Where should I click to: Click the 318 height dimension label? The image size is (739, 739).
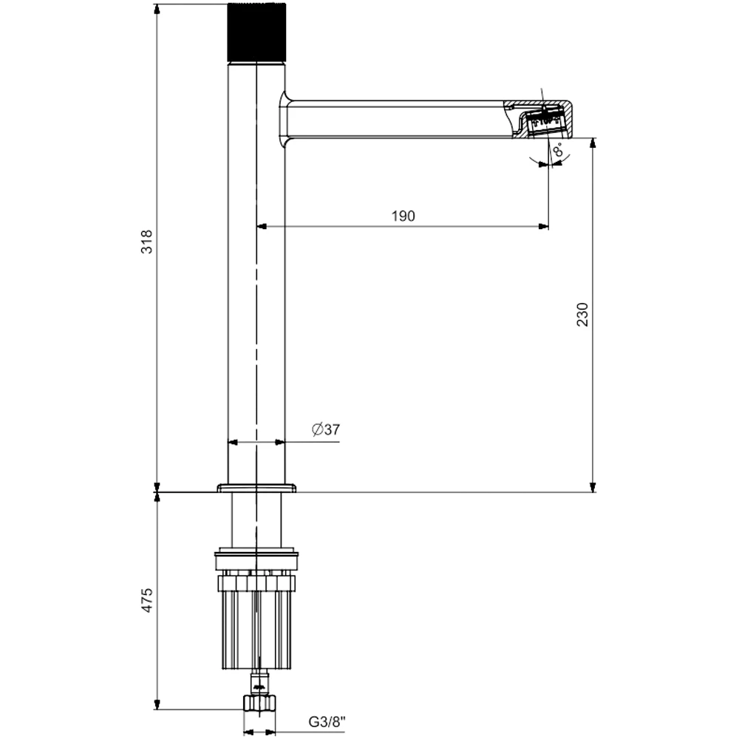point(146,242)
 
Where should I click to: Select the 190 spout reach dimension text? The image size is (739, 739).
point(403,216)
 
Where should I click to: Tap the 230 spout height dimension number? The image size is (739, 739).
point(582,314)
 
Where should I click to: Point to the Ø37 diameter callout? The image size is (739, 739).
point(326,429)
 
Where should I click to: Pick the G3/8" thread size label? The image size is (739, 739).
point(327,721)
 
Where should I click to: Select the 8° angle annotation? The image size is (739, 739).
point(558,150)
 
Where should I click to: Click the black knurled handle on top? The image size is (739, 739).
point(257,33)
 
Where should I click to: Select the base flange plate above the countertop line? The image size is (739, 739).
point(257,488)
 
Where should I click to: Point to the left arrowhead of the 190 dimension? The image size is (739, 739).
point(262,227)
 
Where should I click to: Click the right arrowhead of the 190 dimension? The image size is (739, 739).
point(544,227)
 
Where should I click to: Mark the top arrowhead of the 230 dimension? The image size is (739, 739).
point(593,143)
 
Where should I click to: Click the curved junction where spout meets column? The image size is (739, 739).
point(285,119)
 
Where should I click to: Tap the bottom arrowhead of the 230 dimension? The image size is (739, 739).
point(593,487)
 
